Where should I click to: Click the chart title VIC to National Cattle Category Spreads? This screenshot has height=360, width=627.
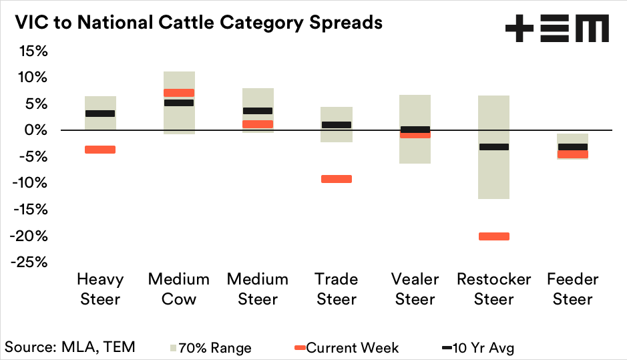(x=194, y=22)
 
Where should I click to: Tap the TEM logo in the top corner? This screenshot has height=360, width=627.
(x=557, y=29)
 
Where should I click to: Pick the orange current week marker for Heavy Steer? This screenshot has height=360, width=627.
(x=100, y=150)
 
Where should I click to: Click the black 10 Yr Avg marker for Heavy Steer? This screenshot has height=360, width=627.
(x=100, y=114)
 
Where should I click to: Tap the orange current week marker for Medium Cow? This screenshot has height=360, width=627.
(x=179, y=93)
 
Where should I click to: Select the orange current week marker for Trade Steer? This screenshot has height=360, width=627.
(x=337, y=179)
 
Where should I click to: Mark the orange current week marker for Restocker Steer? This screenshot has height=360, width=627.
(x=494, y=236)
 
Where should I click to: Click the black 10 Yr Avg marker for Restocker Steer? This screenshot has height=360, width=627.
(x=494, y=147)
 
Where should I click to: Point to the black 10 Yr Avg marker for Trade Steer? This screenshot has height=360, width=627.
(x=337, y=125)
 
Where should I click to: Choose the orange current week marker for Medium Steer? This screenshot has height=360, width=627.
(x=258, y=124)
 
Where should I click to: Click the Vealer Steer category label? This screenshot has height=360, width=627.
(x=415, y=289)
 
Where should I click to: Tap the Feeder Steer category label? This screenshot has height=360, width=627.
(x=573, y=289)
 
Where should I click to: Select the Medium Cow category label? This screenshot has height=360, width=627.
(x=179, y=289)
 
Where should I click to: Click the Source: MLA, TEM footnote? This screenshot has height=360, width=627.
(x=70, y=347)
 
